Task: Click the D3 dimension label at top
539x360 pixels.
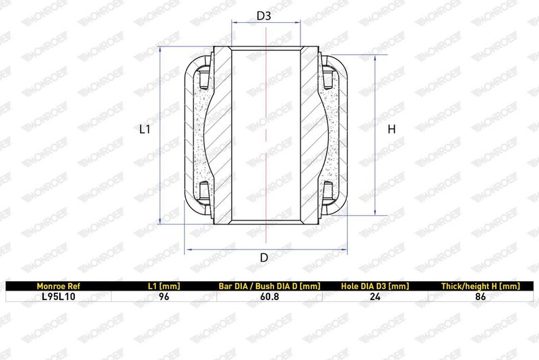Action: [264, 16]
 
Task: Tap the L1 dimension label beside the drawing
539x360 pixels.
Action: [145, 129]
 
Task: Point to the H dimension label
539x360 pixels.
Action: [391, 129]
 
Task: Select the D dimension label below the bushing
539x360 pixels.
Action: [264, 258]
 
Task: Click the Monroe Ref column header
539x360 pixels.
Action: [58, 286]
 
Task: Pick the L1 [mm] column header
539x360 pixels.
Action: [164, 286]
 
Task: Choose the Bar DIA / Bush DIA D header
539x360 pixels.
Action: [269, 286]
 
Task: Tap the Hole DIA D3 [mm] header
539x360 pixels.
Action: [375, 286]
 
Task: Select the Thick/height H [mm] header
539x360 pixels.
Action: [480, 286]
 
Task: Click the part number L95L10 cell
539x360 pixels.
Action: [58, 297]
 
